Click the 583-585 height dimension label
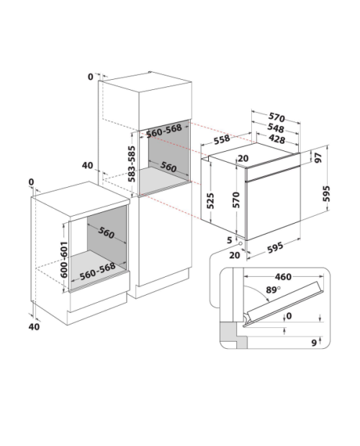(132, 164)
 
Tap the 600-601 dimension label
(64, 260)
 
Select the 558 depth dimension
(222, 140)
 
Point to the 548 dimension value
(276, 129)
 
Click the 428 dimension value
(277, 139)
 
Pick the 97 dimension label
(318, 158)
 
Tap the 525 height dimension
(210, 201)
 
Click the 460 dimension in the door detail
(283, 277)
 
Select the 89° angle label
(273, 290)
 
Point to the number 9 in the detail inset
(314, 342)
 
